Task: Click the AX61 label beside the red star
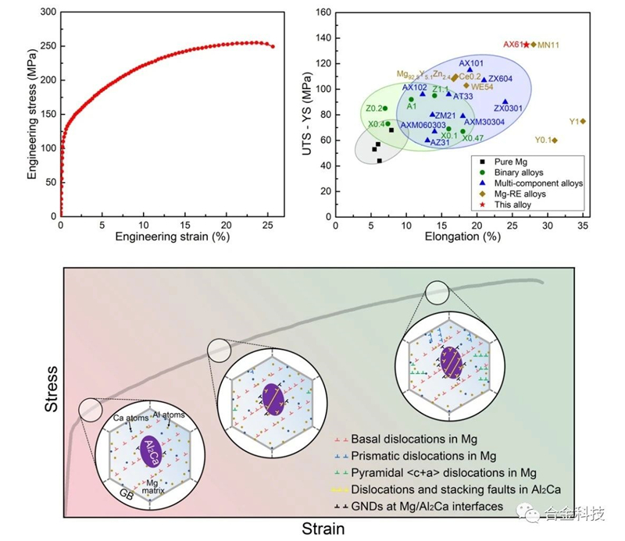512,44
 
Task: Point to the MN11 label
548,45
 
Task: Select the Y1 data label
573,122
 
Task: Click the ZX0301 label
507,108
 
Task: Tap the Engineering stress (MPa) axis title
32,115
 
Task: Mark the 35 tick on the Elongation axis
582,224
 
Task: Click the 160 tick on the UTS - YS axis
321,12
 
